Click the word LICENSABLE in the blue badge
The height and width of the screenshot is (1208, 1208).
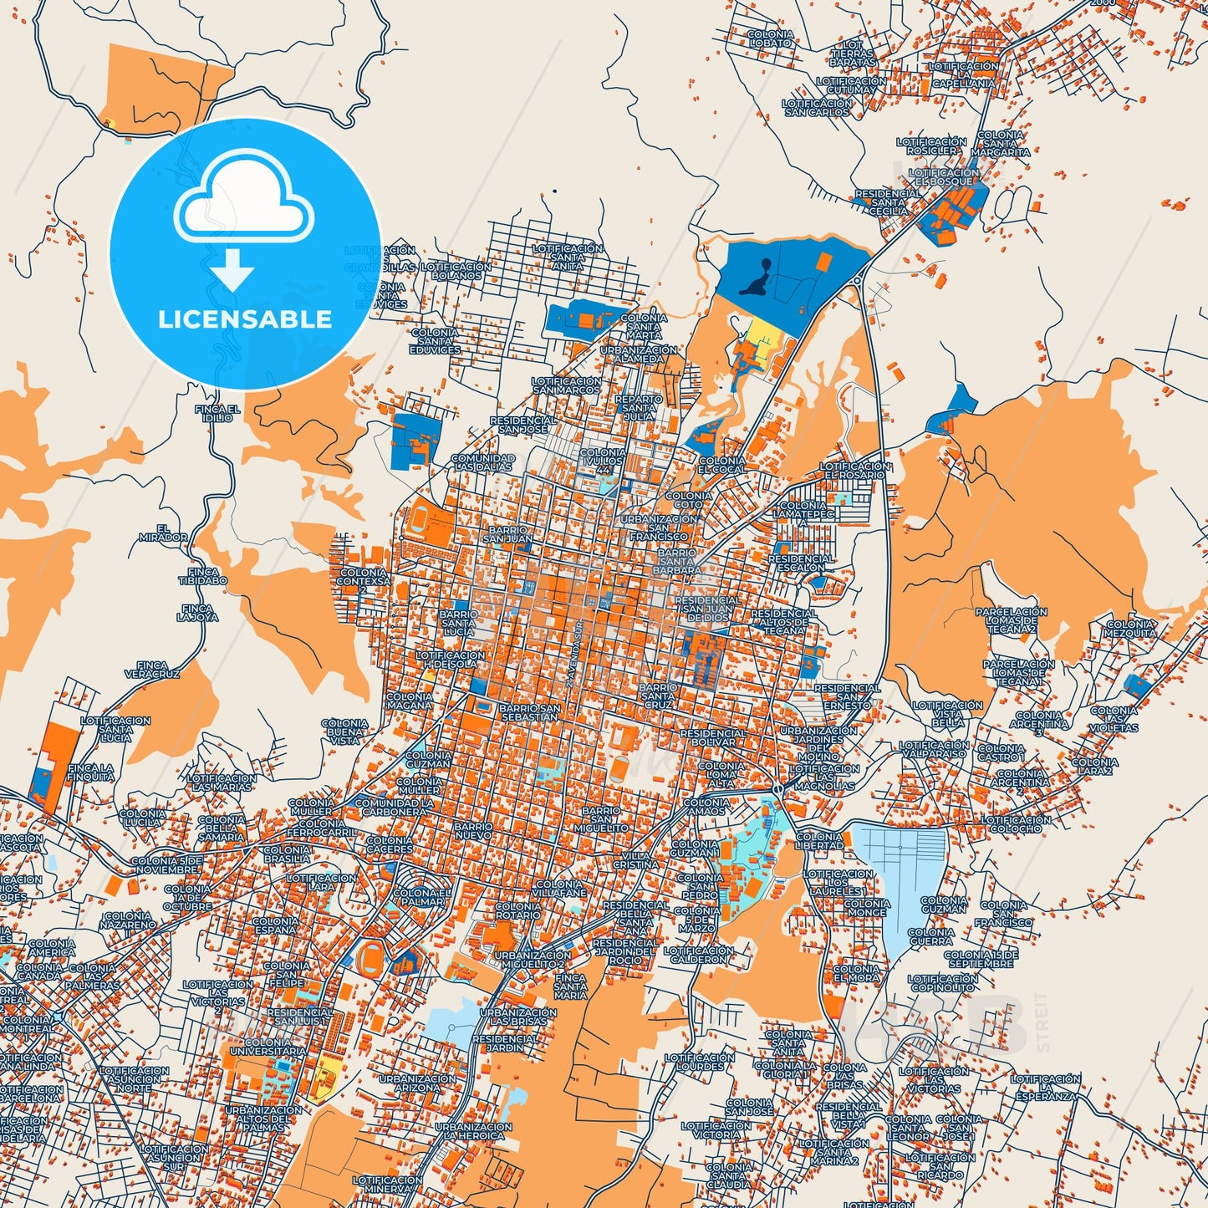click(245, 319)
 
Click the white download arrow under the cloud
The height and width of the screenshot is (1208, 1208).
click(232, 270)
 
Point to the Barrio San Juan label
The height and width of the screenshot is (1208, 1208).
click(508, 534)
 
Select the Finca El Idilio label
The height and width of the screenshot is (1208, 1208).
click(217, 413)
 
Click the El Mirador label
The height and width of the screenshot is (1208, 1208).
click(163, 533)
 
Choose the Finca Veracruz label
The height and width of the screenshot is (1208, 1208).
click(152, 669)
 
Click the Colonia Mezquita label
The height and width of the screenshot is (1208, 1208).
click(1130, 628)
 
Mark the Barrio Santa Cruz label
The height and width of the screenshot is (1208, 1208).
click(658, 696)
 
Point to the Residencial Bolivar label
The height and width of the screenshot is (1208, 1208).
click(713, 737)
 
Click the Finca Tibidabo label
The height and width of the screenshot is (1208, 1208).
click(202, 575)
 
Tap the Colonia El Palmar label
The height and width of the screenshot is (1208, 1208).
click(421, 897)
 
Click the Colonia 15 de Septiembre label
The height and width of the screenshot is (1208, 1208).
click(981, 958)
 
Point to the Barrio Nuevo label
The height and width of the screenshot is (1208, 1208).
click(473, 830)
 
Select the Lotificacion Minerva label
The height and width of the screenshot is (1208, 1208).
click(387, 1184)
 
